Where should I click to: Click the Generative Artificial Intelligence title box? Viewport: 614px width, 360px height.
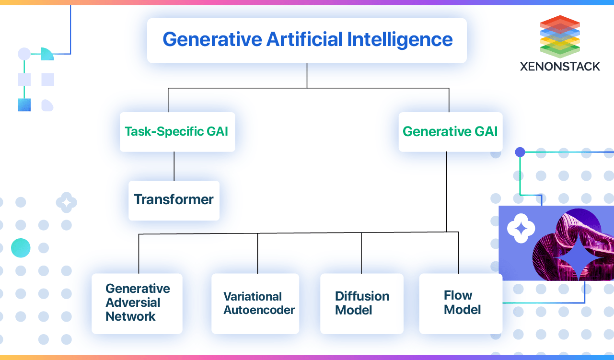pyautogui.click(x=307, y=40)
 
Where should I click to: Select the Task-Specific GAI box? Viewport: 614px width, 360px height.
pyautogui.click(x=177, y=132)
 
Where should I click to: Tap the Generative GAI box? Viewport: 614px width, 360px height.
pyautogui.click(x=451, y=132)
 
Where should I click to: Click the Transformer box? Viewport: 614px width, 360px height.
pyautogui.click(x=174, y=200)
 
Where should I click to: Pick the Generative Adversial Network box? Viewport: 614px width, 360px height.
pyautogui.click(x=137, y=303)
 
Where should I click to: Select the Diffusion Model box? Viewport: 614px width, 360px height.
pyautogui.click(x=361, y=303)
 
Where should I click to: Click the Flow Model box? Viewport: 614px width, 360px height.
pyautogui.click(x=461, y=303)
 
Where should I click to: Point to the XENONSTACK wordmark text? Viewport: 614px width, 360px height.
pyautogui.click(x=560, y=67)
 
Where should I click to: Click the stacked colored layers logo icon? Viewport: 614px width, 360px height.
pyautogui.click(x=560, y=36)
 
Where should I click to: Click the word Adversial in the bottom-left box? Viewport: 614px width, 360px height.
pyautogui.click(x=133, y=302)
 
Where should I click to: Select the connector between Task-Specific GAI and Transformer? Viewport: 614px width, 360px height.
pyautogui.click(x=174, y=166)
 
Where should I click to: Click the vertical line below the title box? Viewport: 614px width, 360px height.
pyautogui.click(x=307, y=75)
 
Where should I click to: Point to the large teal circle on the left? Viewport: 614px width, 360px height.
pyautogui.click(x=21, y=248)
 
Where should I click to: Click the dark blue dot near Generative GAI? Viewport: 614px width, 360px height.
pyautogui.click(x=520, y=152)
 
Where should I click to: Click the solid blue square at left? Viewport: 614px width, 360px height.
pyautogui.click(x=24, y=105)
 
